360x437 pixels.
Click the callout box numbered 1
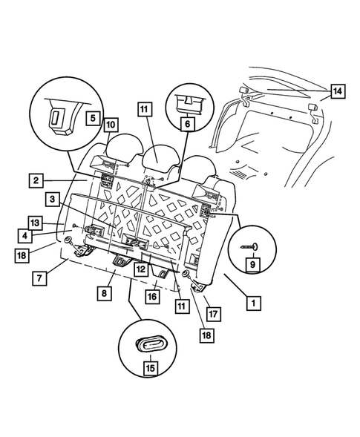pos(254,303)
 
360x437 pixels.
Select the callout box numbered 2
pos(35,180)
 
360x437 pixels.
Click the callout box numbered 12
pos(139,270)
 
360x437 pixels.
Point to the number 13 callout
pos(35,223)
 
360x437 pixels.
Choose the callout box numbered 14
pos(337,92)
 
